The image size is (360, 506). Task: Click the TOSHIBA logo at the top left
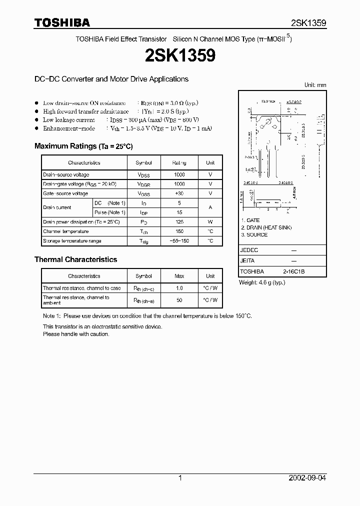point(62,22)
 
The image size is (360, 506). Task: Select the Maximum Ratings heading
point(83,146)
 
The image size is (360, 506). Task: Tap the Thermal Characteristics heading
point(75,259)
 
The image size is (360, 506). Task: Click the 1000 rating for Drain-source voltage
point(179,174)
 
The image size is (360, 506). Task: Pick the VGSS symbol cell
point(143,193)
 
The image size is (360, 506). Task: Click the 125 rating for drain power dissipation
point(179,221)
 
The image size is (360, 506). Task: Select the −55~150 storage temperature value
point(179,241)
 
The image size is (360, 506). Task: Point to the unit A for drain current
point(210,207)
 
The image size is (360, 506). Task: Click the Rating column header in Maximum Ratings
point(179,162)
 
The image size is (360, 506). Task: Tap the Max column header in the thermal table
point(179,276)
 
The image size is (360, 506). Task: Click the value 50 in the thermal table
point(179,300)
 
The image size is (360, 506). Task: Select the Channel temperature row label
point(65,231)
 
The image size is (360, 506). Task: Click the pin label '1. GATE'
point(250,220)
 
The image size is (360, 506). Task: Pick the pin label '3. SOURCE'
point(254,234)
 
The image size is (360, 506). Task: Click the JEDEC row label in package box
point(249,249)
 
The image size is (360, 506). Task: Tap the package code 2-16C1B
point(293,271)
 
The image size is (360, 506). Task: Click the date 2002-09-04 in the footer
point(307,478)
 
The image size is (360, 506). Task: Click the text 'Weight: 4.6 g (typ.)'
point(262,282)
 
